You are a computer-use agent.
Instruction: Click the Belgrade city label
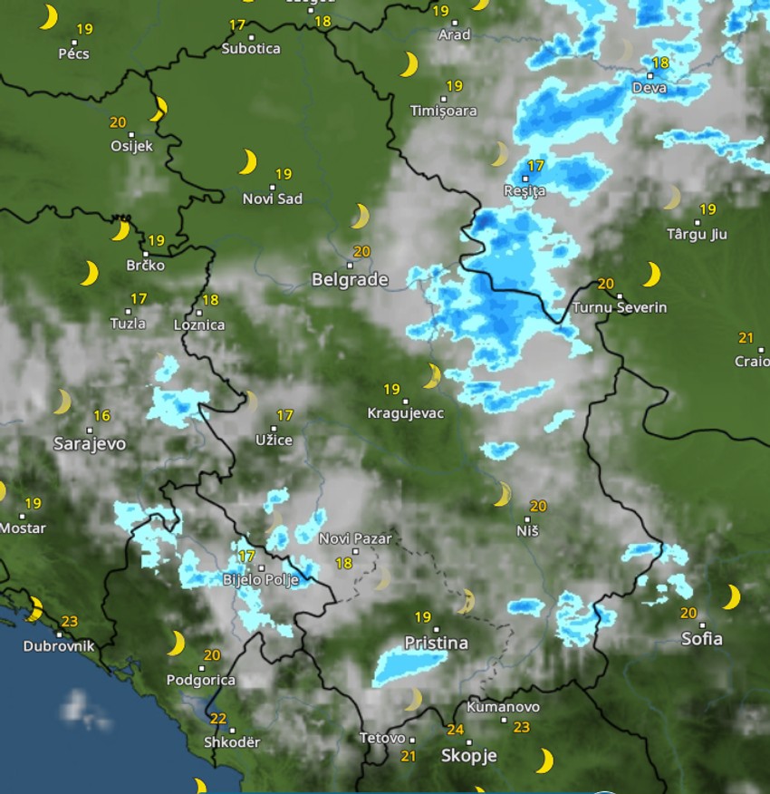(350, 280)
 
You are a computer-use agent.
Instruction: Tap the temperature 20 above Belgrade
(361, 252)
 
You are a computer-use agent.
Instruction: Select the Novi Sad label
(273, 198)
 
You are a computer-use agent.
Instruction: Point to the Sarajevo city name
(90, 444)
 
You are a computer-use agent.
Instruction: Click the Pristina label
(436, 644)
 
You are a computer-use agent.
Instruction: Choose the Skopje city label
(469, 755)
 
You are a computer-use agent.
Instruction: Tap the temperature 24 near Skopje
(456, 731)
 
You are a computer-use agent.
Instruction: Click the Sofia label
(702, 639)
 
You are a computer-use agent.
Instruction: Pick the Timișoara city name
(443, 111)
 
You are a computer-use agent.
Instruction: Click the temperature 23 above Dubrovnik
(70, 622)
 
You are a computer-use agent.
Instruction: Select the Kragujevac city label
(405, 413)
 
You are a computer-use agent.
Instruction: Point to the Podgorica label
(201, 680)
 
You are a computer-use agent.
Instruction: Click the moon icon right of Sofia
(730, 596)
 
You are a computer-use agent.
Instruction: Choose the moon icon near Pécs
(48, 17)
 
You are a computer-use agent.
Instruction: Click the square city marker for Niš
(527, 519)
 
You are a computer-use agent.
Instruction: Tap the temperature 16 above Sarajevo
(101, 416)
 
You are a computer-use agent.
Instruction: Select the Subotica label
(251, 49)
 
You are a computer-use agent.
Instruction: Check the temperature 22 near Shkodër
(218, 718)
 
